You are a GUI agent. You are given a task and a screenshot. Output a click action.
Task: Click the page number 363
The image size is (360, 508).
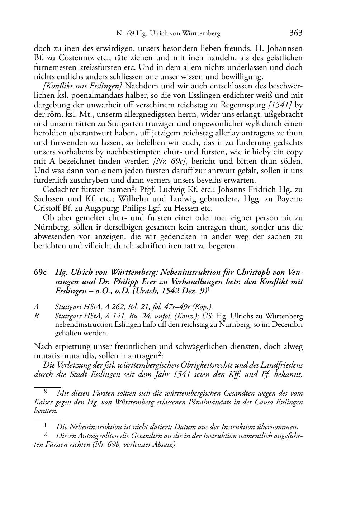[296, 33]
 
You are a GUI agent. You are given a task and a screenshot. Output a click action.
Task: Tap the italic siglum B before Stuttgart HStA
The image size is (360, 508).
[36, 316]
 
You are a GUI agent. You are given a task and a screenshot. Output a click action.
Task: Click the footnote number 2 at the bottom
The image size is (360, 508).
[46, 435]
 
